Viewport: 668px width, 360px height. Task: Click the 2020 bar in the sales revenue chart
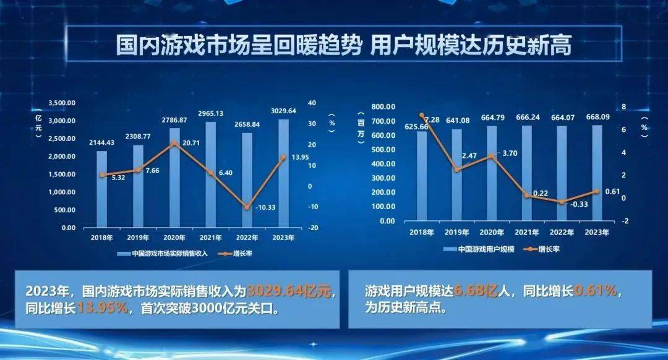(175, 179)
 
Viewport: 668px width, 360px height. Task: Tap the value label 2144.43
(102, 142)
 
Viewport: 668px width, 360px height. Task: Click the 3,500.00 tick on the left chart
(62, 103)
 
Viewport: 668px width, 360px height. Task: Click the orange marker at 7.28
(422, 116)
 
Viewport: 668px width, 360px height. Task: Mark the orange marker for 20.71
(175, 143)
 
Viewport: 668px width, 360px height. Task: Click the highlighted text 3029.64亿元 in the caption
(291, 290)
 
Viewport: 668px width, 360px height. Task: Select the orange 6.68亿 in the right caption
(473, 290)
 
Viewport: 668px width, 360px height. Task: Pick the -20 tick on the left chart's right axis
(314, 228)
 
